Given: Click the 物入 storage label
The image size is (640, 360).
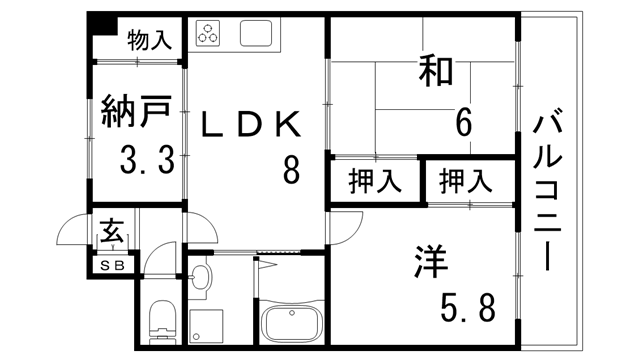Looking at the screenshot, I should point(149,41).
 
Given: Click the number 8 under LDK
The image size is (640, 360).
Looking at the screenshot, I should point(291,170).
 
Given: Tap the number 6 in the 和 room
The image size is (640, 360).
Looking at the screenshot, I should point(463,122).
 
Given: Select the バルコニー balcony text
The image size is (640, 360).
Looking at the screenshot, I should point(549,191).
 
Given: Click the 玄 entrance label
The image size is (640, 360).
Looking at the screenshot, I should point(110,236).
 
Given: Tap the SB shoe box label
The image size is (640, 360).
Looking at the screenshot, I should point(110,266).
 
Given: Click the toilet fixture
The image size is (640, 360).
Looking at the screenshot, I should point(161,320).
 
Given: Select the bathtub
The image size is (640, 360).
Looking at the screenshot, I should point(291,325).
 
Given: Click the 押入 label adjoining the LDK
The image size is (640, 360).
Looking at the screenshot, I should point(375,182).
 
